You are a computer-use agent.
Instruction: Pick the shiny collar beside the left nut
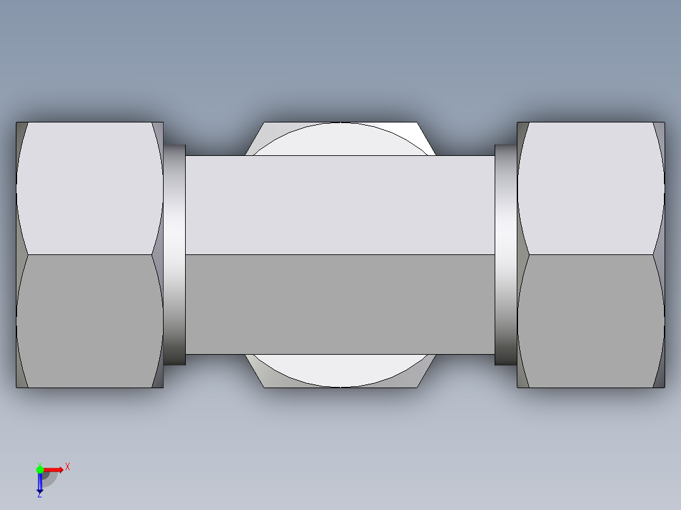[175, 254]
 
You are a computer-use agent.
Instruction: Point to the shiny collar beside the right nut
[505, 254]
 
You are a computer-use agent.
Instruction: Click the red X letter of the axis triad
[68, 467]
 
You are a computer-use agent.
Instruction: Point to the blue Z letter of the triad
[39, 495]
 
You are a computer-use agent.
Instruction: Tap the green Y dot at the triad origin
[40, 469]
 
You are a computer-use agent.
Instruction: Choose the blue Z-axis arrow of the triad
[40, 483]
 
